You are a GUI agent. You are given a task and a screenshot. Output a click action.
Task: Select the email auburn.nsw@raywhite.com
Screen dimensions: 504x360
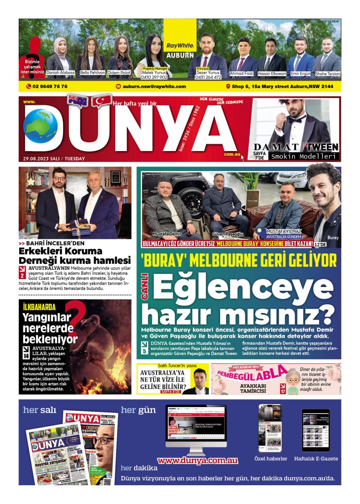tap(154, 87)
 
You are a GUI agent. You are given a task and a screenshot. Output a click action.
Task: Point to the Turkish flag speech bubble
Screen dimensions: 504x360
tap(102, 100)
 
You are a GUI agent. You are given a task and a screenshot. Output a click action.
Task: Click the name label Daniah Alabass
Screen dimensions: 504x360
tap(61, 73)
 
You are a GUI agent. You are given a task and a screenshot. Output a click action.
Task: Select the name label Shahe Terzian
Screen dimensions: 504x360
tap(328, 73)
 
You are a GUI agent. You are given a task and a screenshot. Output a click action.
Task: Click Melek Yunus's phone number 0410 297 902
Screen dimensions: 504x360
tap(154, 77)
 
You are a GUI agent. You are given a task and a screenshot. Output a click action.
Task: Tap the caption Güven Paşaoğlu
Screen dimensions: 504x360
tap(225, 234)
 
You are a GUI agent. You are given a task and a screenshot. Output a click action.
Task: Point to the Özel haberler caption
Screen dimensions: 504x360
tap(270, 459)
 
